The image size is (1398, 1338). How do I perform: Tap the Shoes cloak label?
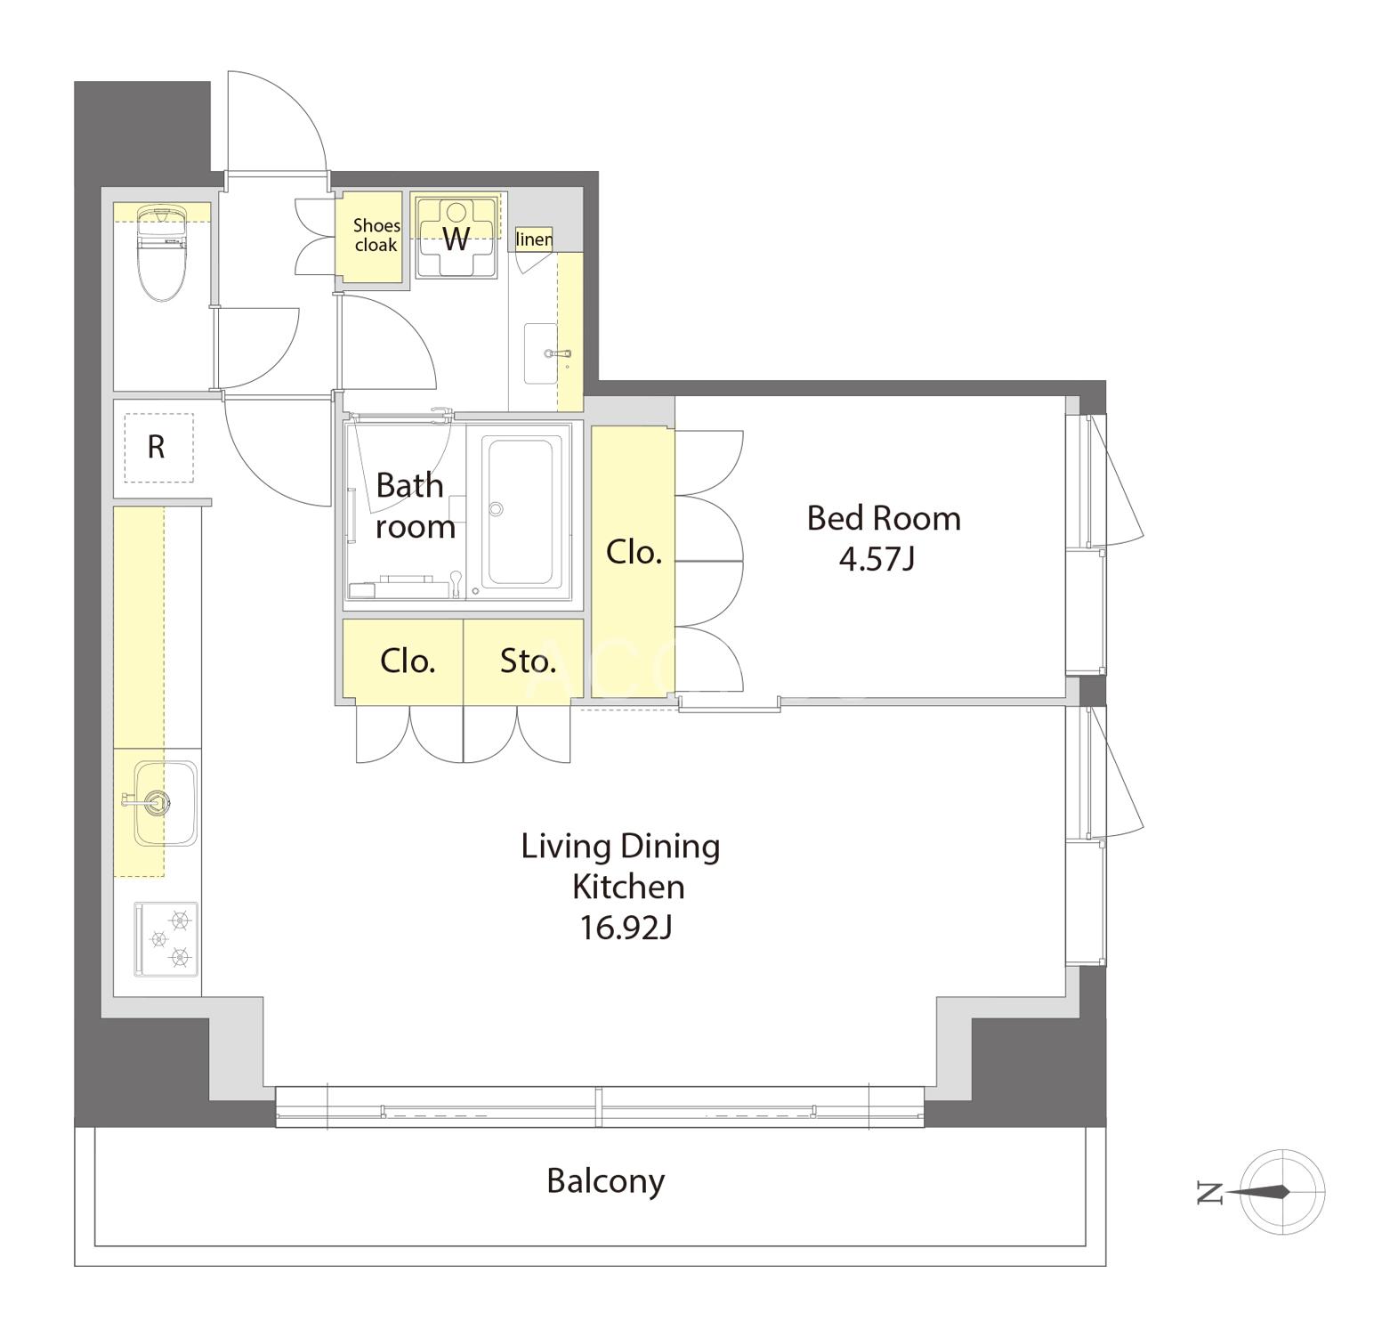[x=376, y=235]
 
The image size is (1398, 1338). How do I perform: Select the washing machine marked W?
[x=457, y=238]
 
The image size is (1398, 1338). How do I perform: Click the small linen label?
[x=534, y=239]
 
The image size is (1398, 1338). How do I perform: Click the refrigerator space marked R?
[x=158, y=447]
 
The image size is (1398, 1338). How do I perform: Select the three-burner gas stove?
[x=166, y=939]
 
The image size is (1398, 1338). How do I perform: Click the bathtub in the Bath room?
[x=526, y=511]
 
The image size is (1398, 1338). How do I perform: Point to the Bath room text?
[x=415, y=505]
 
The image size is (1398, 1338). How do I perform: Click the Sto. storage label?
[x=528, y=661]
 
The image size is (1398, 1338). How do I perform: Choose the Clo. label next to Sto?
[x=408, y=661]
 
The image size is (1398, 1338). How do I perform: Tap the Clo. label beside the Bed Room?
[x=634, y=553]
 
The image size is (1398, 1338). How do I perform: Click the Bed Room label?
[x=884, y=518]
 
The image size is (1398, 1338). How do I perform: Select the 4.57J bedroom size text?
[x=877, y=559]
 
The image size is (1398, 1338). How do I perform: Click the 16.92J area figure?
[x=626, y=928]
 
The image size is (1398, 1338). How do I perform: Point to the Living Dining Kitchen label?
[x=621, y=866]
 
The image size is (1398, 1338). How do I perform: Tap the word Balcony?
[x=606, y=1181]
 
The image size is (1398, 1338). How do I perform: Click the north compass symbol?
[x=1281, y=1192]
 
